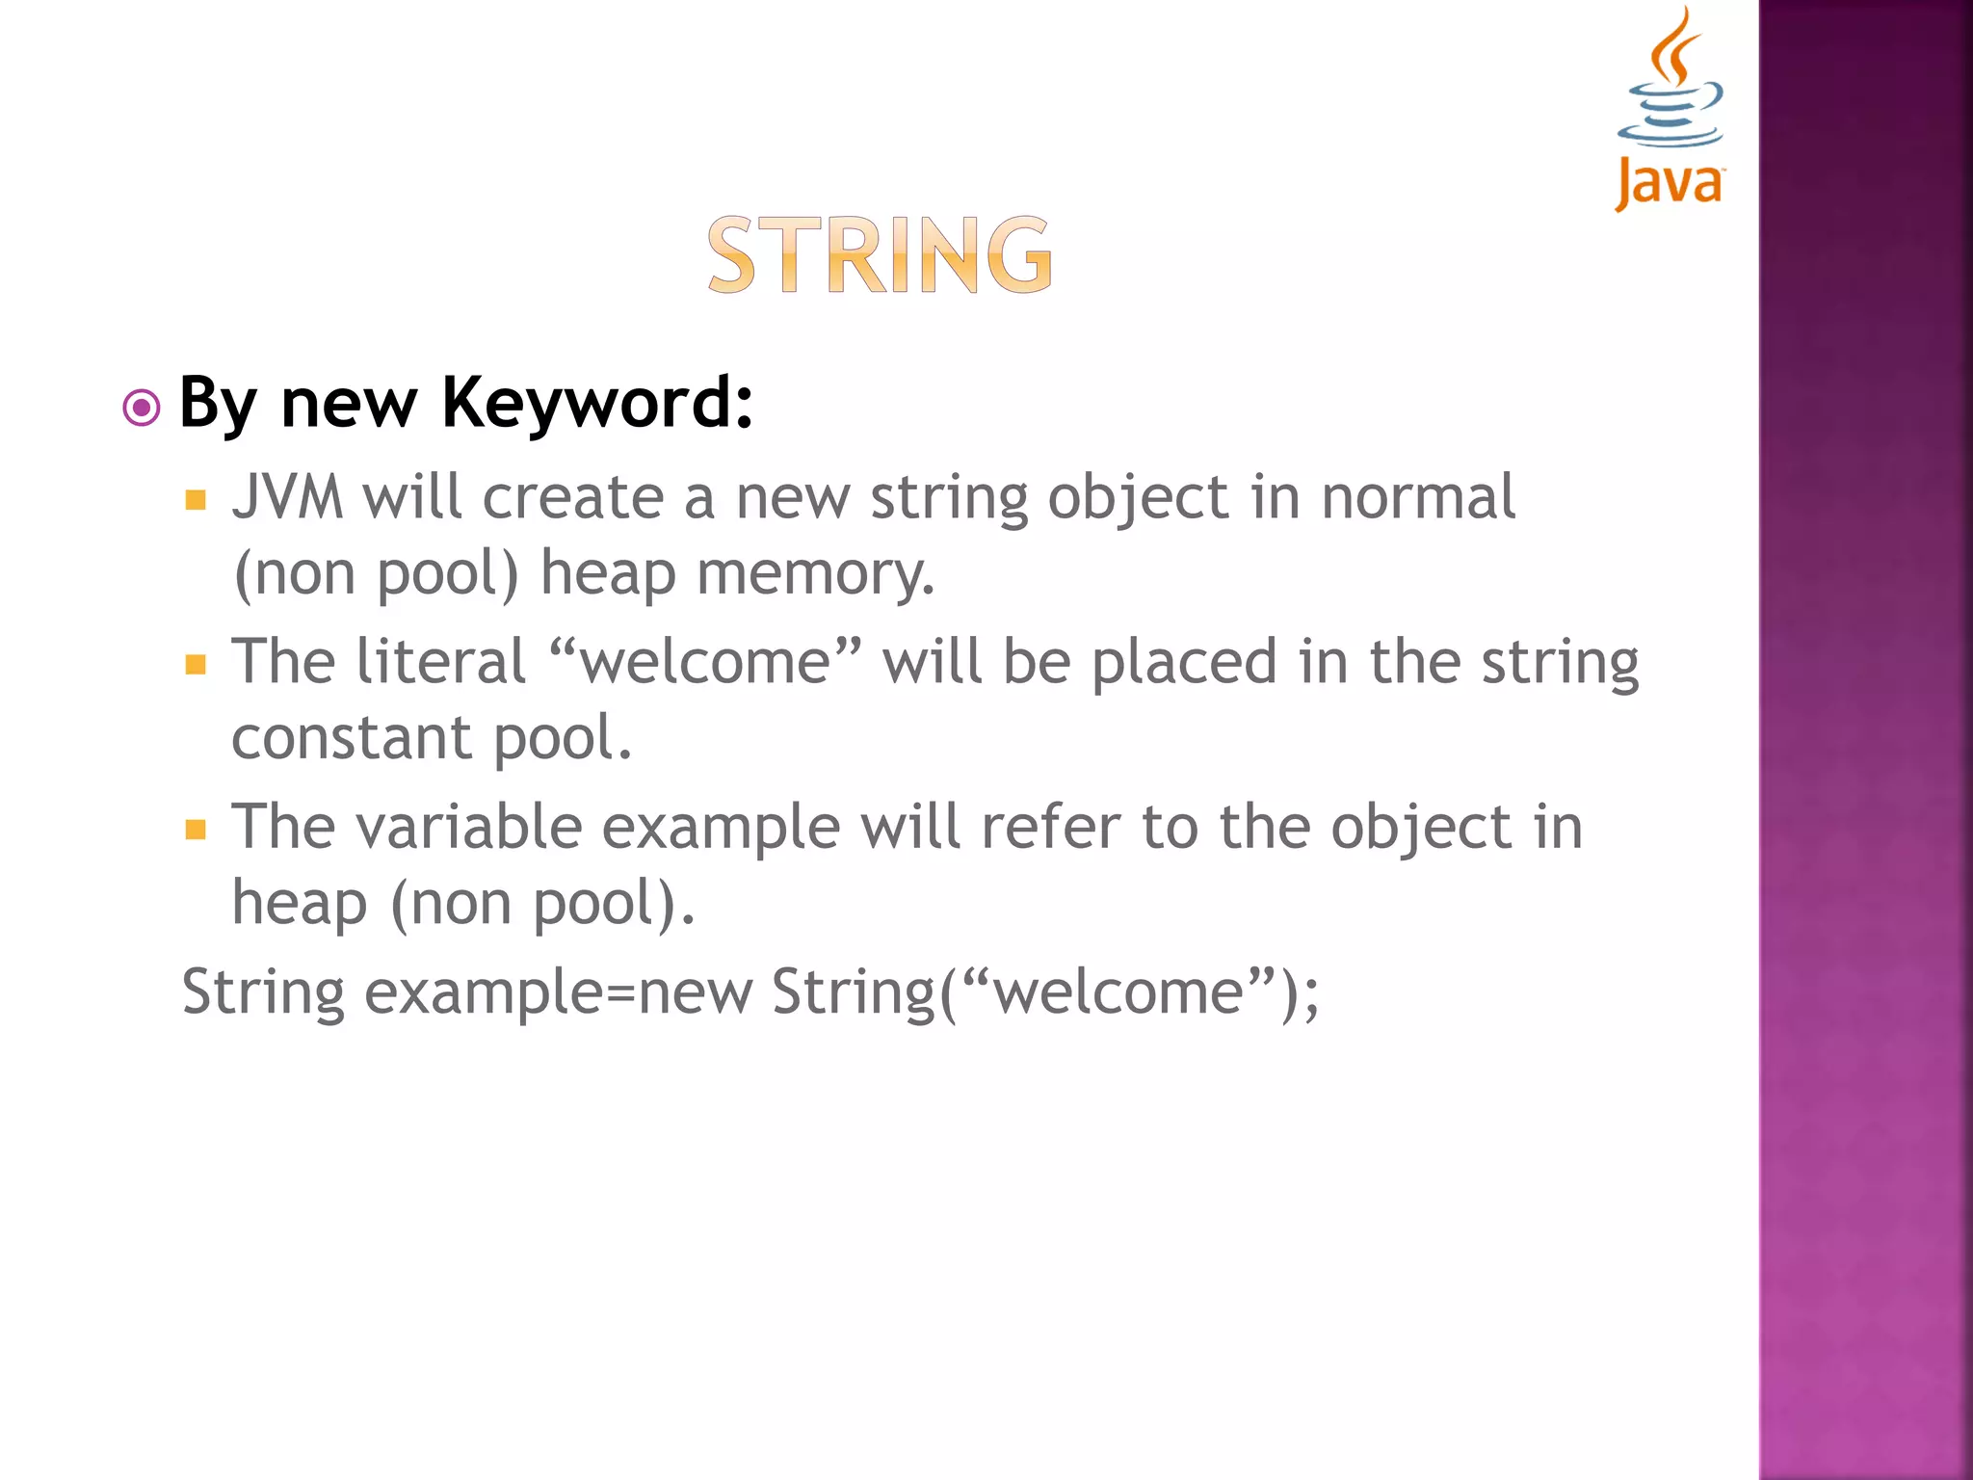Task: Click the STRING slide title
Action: tap(880, 254)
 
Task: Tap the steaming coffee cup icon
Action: tap(1671, 82)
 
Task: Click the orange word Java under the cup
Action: tap(1670, 183)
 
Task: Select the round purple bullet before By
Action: tap(142, 408)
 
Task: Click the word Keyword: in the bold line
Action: tap(597, 403)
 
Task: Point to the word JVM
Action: tap(287, 498)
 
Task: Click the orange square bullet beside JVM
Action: tap(197, 500)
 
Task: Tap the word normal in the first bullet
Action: tap(1418, 498)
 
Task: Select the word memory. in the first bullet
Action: tap(815, 573)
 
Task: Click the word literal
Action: tap(440, 663)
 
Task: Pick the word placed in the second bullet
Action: tap(1184, 663)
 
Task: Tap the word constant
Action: tap(352, 738)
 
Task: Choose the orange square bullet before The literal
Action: tap(197, 665)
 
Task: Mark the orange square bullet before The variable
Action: tap(197, 830)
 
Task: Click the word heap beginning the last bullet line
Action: tap(300, 905)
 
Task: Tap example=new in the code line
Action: tap(558, 992)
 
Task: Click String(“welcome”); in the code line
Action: tap(1045, 992)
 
